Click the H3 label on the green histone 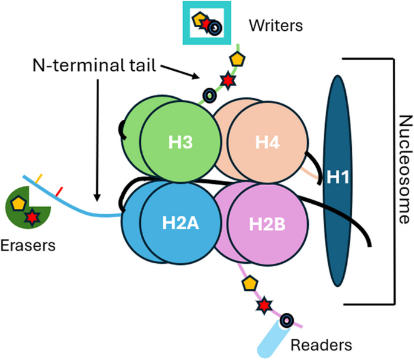(181, 142)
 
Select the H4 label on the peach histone (267, 142)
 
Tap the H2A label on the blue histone (181, 223)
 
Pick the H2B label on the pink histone (267, 224)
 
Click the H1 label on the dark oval (338, 177)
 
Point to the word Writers (276, 25)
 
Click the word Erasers (28, 246)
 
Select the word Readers (322, 345)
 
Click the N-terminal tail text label (94, 65)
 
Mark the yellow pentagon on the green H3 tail (237, 59)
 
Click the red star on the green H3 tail (228, 80)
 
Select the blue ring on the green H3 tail (210, 96)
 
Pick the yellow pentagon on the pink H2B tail (250, 283)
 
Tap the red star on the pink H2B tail (264, 306)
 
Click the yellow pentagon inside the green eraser (19, 203)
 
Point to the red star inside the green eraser (32, 217)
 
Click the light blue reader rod (272, 339)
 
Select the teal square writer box (207, 23)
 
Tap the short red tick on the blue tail (59, 192)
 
